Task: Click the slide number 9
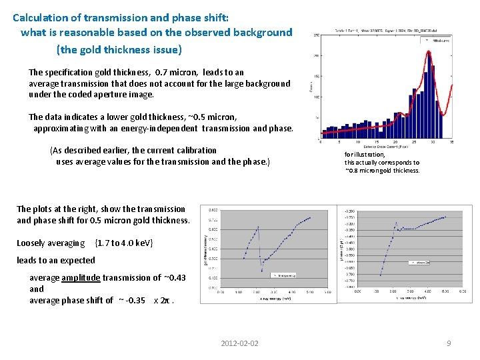click(x=449, y=343)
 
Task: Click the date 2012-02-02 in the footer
click(x=239, y=343)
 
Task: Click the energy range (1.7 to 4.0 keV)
click(x=125, y=243)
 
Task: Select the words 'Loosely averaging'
click(x=51, y=243)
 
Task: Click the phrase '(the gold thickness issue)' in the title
click(x=119, y=49)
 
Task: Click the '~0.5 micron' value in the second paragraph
click(x=213, y=117)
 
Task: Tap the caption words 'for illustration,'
click(x=365, y=154)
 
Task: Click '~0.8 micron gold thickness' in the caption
click(x=383, y=170)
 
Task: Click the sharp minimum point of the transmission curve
click(x=261, y=271)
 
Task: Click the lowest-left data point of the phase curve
click(x=381, y=275)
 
